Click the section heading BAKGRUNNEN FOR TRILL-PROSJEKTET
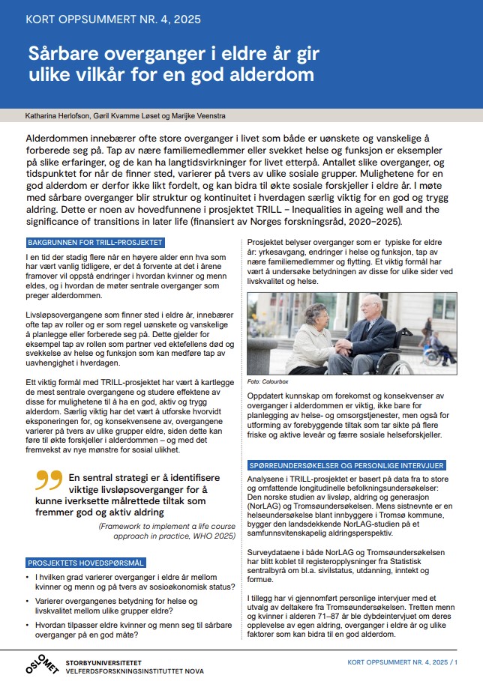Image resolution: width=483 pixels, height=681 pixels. click(94, 243)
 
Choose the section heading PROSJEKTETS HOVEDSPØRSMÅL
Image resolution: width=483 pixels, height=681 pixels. click(85, 562)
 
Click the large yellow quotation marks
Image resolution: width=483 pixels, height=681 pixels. click(49, 479)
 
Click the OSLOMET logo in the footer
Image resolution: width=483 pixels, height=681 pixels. click(37, 662)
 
